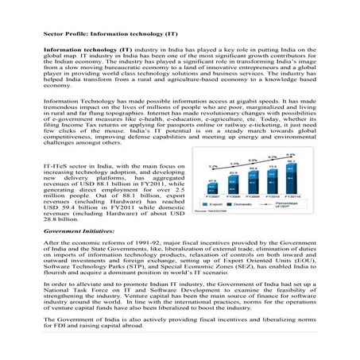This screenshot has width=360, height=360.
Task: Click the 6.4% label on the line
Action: [291, 154]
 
